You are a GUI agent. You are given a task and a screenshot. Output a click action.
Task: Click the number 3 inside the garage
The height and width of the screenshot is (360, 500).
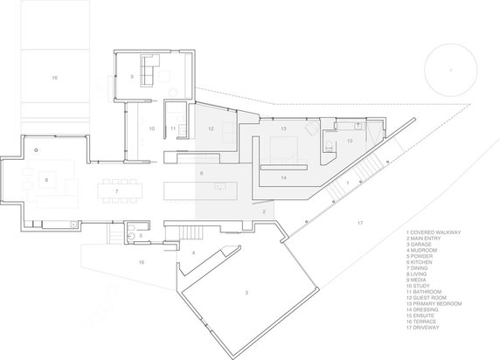(247, 293)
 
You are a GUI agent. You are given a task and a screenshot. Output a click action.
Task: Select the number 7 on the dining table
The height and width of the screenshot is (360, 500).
(115, 189)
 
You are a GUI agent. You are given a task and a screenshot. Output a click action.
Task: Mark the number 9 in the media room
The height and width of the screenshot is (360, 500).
(131, 77)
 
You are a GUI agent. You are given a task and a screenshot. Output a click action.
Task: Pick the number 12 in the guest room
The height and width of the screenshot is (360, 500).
(211, 128)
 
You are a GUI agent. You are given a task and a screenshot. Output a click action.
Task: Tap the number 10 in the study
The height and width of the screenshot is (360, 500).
(151, 128)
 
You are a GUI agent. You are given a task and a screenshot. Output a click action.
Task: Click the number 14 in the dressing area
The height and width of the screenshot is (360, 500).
(284, 177)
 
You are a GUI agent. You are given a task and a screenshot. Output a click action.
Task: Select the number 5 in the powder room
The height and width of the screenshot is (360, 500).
(141, 235)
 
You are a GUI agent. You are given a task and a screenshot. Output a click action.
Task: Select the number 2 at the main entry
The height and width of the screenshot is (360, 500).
(264, 211)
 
